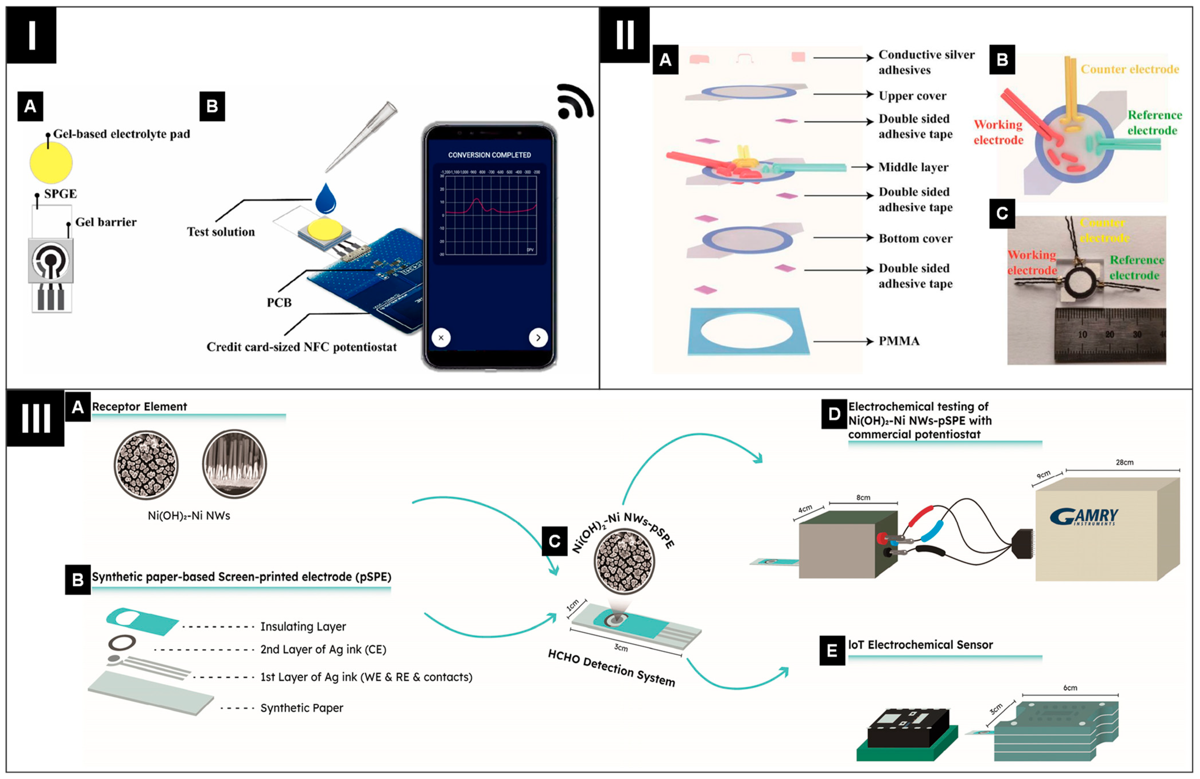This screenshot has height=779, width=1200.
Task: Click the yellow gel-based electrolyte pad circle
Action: (51, 162)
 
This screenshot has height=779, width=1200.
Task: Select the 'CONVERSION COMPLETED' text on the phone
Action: (489, 155)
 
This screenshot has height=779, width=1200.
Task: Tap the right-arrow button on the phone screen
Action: (538, 337)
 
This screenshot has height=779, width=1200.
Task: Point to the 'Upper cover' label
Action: (912, 96)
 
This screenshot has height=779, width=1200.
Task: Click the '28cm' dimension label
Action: (1124, 462)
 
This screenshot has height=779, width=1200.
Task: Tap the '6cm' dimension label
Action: (1070, 688)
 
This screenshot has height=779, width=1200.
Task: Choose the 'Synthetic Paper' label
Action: (302, 708)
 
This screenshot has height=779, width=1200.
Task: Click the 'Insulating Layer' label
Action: (303, 626)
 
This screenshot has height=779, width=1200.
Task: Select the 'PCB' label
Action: (279, 302)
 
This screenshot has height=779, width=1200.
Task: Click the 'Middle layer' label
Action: (913, 167)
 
